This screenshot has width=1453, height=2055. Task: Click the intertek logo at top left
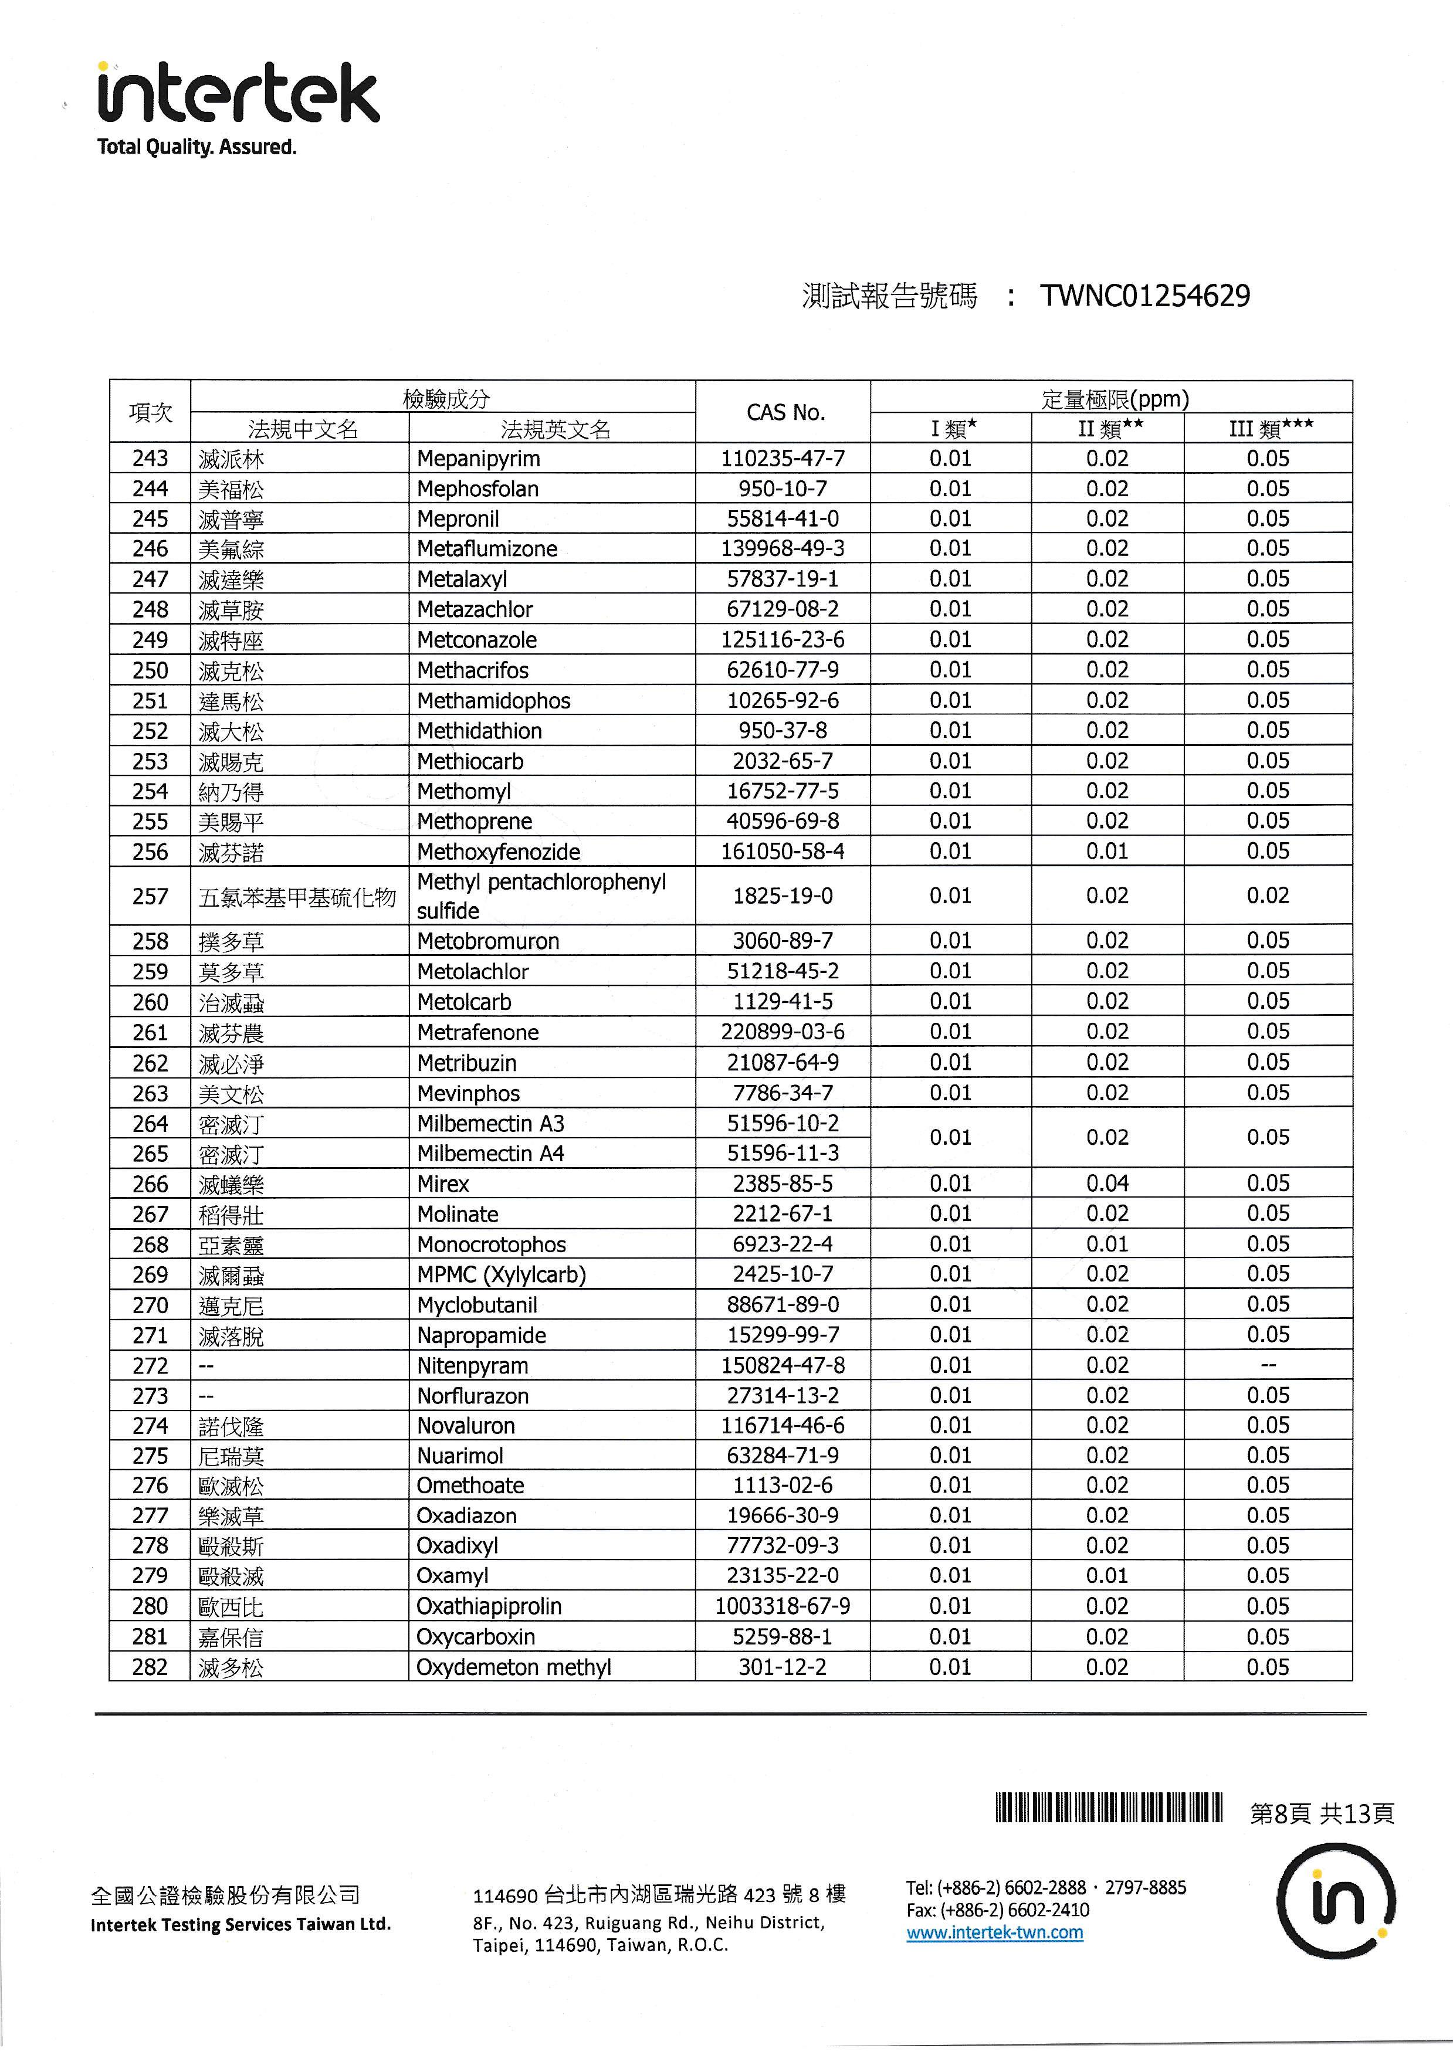tap(238, 94)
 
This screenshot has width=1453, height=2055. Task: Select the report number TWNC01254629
tap(1145, 296)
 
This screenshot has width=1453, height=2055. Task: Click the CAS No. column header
tap(784, 413)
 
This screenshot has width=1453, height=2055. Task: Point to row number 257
tap(150, 896)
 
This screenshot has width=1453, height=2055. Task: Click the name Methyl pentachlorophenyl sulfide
tap(541, 896)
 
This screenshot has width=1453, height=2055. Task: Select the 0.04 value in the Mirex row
tap(1107, 1184)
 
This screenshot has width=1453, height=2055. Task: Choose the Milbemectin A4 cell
tap(490, 1154)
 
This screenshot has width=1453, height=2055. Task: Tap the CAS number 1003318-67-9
tap(783, 1606)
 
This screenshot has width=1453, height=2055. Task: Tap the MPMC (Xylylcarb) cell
tap(502, 1274)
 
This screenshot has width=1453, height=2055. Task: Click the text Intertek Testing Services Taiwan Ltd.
tap(241, 1924)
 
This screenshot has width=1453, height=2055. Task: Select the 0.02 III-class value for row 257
tap(1268, 896)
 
